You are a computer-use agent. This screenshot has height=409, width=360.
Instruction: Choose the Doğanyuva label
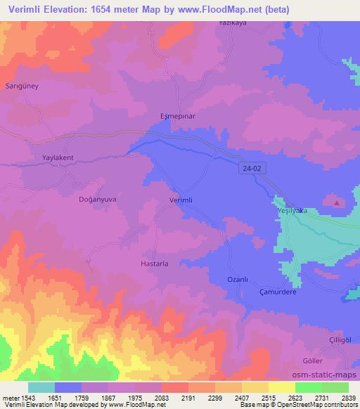pyautogui.click(x=96, y=200)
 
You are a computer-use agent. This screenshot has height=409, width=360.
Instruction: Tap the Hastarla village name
pyautogui.click(x=149, y=264)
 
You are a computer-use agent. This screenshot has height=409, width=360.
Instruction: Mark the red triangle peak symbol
pyautogui.click(x=337, y=203)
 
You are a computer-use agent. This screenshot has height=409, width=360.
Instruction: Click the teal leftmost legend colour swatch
pyautogui.click(x=41, y=387)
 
